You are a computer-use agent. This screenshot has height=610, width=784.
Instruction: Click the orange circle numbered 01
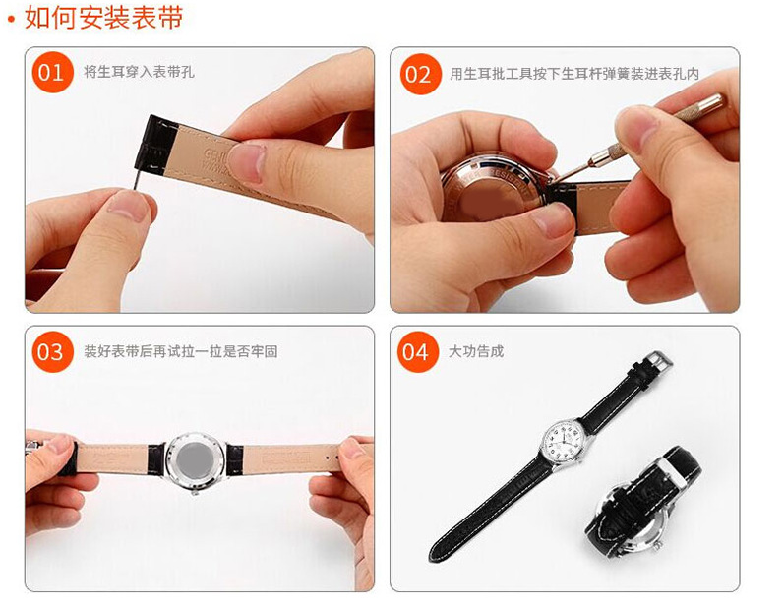pos(52,73)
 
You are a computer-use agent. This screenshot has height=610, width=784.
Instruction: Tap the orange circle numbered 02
pos(420,74)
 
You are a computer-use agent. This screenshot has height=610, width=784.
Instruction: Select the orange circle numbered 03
pos(52,352)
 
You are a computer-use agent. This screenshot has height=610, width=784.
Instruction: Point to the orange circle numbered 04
pos(418,352)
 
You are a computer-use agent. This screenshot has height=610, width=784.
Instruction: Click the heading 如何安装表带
pos(103,18)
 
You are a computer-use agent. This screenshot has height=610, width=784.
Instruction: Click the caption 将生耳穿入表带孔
pos(139,72)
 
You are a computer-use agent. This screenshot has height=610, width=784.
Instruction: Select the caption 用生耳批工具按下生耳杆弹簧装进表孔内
pos(574,74)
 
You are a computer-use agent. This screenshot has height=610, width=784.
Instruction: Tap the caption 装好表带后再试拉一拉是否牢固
pos(180,351)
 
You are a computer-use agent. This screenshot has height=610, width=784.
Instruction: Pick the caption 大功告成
pos(476,351)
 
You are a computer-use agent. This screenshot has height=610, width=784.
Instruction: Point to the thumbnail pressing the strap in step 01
pos(246,162)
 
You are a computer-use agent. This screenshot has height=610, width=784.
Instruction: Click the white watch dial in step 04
pos(563,441)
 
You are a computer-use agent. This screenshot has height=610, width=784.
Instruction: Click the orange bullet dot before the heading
pos(12,21)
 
